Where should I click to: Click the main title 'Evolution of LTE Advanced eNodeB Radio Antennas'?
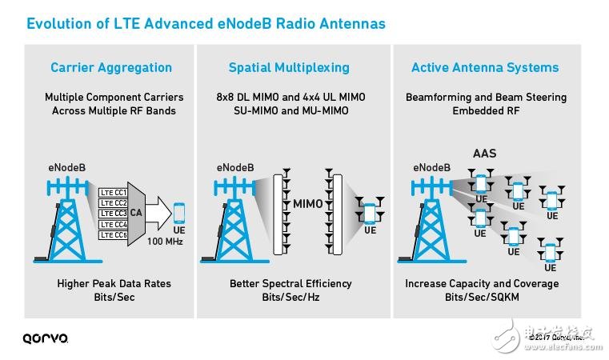click(x=206, y=23)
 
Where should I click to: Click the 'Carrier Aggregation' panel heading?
click(x=111, y=67)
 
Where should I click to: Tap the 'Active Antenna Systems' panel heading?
click(x=485, y=67)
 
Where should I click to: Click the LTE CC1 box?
click(x=113, y=193)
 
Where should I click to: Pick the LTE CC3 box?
click(x=113, y=214)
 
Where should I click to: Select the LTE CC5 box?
click(x=113, y=234)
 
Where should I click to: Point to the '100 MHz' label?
click(x=166, y=241)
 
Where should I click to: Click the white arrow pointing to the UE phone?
click(x=160, y=214)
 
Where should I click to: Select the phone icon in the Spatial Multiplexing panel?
click(x=369, y=214)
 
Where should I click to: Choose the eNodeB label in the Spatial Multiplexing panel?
click(x=236, y=168)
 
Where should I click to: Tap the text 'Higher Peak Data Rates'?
click(x=114, y=283)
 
